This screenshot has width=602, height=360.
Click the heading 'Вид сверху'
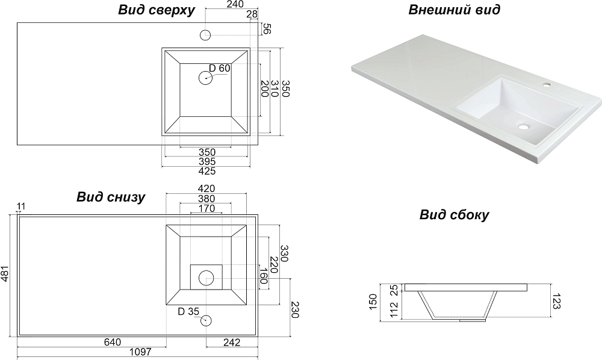pos(155,10)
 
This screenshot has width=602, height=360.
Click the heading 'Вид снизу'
pos(111,197)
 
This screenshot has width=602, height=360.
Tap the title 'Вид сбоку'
pos(455,215)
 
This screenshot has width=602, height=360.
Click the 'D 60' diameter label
pos(220,68)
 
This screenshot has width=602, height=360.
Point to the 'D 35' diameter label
pos(188,311)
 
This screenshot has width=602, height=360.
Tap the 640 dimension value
pos(112,343)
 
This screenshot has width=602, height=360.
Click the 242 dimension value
pos(232,343)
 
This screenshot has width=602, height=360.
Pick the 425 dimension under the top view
pos(206,171)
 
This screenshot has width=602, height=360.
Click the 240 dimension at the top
pos(235,5)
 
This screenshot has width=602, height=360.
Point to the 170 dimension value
pos(206,209)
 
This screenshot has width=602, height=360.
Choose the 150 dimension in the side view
pos(373,300)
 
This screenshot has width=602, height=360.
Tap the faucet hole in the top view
pos(206,34)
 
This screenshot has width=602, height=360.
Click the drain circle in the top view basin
pos(206,78)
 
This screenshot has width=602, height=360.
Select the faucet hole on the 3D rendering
pos(547,85)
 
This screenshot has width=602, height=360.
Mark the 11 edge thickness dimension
pos(22,207)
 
